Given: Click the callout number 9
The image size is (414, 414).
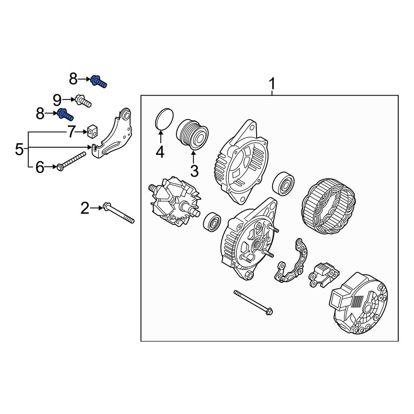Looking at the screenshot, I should tap(57, 99).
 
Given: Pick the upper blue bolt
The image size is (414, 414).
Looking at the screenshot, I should tap(99, 81).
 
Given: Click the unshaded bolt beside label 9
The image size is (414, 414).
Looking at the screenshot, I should tap(83, 101).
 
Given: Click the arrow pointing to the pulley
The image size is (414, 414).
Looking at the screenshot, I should tap(193, 158).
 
